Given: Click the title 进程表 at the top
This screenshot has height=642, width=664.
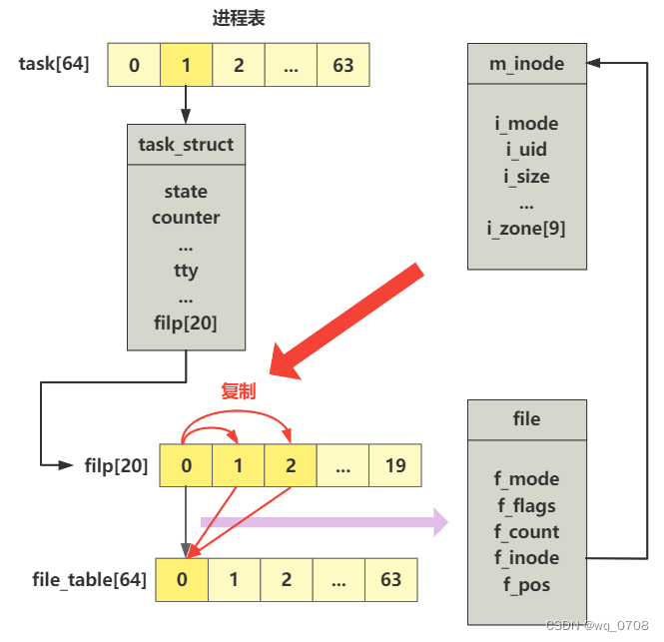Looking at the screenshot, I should pos(239,19).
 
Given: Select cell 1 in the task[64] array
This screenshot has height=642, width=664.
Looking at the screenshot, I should pos(186,66).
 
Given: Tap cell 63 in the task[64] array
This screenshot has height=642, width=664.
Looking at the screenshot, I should pos(342,66).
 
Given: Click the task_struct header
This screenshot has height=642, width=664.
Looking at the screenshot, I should pos(186,145).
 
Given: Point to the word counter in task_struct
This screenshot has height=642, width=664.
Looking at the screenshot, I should pos(186,218).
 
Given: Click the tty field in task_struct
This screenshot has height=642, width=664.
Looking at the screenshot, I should pos(186,271).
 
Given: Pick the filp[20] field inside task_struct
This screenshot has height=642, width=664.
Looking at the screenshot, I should pos(186,323).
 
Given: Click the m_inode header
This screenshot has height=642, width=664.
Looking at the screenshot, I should pos(527,64).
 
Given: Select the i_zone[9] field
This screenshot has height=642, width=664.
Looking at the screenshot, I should pos(526,229).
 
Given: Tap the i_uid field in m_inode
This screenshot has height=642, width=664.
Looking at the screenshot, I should pos(526,151).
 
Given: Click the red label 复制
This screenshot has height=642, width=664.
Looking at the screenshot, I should pos(238,391).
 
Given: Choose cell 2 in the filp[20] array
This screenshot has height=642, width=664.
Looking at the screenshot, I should pos(291,465).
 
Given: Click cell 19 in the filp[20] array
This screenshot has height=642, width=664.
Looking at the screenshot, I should pos(394,465).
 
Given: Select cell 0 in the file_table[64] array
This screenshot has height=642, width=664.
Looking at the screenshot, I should pos(182,579).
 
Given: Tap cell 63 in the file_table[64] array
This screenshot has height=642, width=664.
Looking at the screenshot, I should pos(390,579).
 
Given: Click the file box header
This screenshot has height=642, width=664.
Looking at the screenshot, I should pos(526,419).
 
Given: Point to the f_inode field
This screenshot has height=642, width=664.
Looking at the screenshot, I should pos(526,558).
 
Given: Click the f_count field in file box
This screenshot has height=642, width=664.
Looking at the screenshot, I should pos(526,532).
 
